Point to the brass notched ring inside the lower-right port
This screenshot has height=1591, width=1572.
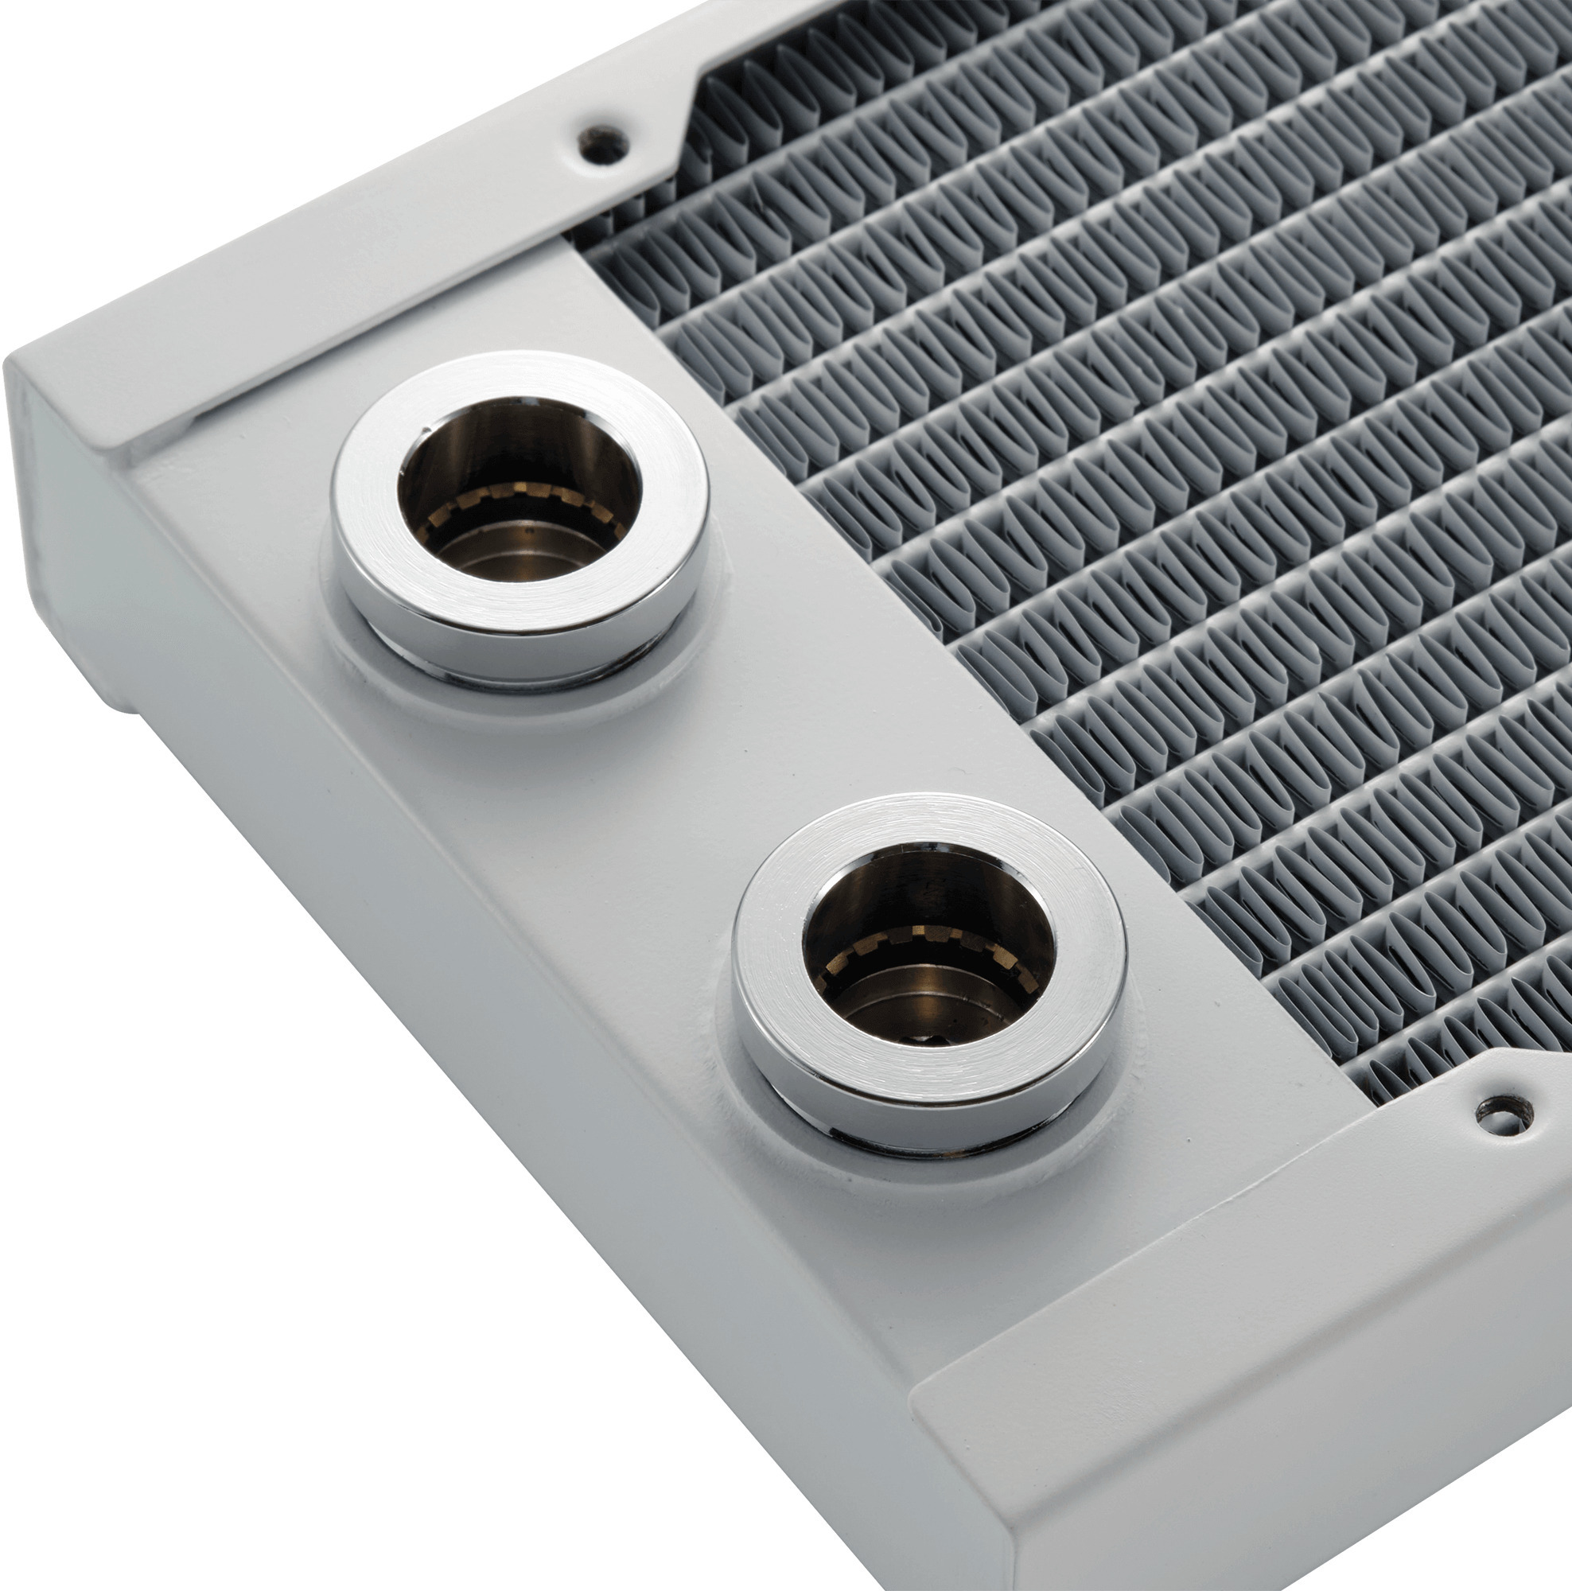(931, 943)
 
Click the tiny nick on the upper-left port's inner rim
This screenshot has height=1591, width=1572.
(426, 430)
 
